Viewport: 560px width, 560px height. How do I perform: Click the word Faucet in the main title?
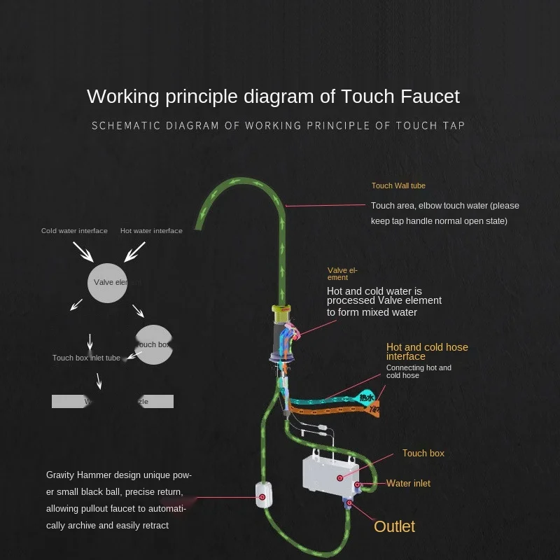[x=420, y=96]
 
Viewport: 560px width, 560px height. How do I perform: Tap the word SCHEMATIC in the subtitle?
[x=120, y=126]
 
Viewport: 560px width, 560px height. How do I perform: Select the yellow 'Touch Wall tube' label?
[x=398, y=186]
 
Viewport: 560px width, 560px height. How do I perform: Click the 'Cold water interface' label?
[x=74, y=231]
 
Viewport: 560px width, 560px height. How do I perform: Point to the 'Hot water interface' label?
[x=151, y=231]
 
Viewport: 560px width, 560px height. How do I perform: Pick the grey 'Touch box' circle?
[x=153, y=344]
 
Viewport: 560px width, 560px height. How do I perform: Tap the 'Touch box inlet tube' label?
[x=86, y=358]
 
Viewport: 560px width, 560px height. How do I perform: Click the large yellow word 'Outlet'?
[x=394, y=526]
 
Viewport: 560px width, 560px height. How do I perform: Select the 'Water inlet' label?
[x=408, y=484]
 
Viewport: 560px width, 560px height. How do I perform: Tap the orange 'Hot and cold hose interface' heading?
[x=427, y=351]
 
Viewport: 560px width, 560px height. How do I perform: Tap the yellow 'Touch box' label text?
[x=423, y=454]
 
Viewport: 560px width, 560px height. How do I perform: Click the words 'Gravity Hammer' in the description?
[x=76, y=475]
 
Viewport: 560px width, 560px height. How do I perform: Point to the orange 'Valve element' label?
[x=342, y=274]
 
